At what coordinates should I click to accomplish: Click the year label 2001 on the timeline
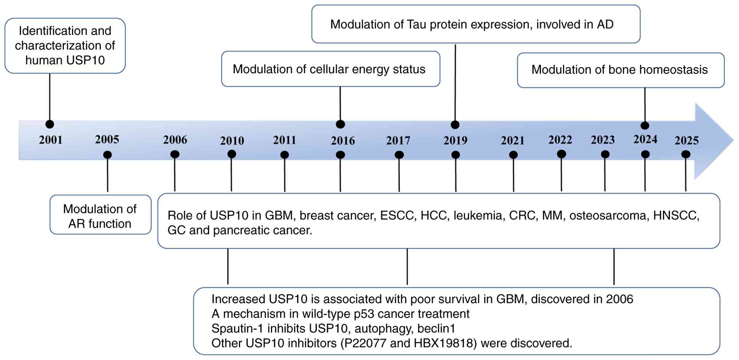tap(51, 140)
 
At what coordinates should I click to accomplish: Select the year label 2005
tap(107, 140)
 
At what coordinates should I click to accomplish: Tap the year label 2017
tap(398, 141)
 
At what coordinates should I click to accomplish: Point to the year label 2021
tap(512, 141)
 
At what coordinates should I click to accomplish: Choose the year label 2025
tap(687, 141)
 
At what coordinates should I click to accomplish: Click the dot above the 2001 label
tap(50, 124)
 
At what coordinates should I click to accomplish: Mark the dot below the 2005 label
tap(107, 155)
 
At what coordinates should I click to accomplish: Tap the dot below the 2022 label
tap(561, 154)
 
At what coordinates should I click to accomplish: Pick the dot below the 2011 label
tap(284, 155)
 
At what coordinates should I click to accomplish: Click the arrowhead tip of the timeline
tap(734, 140)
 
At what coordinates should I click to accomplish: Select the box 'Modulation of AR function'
tap(100, 215)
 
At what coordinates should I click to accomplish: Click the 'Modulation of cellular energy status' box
tap(331, 69)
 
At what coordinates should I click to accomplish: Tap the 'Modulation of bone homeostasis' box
tap(621, 70)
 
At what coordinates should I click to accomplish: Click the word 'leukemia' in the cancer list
tap(478, 216)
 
